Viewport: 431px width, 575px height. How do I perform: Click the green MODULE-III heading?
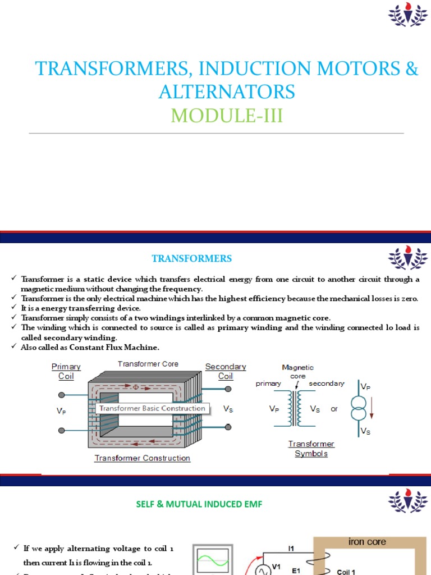[x=227, y=116]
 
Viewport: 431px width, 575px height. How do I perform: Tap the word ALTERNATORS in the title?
[x=227, y=92]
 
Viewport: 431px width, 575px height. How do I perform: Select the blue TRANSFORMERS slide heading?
[x=192, y=258]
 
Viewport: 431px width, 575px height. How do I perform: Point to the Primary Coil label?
[x=66, y=371]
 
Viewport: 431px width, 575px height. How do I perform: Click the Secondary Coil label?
[x=226, y=371]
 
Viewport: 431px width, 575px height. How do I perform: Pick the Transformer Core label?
[x=148, y=364]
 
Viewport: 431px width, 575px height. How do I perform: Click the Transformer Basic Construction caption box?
[x=152, y=408]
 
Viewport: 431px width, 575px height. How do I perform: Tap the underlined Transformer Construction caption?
[x=143, y=458]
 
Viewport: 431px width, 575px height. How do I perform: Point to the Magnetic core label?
[x=298, y=372]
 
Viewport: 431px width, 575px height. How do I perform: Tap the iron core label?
[x=367, y=542]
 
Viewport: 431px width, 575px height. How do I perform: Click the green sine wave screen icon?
[x=212, y=562]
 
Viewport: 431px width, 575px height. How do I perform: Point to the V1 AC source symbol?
[x=262, y=571]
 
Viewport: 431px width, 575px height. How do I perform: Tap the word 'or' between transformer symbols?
[x=334, y=409]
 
